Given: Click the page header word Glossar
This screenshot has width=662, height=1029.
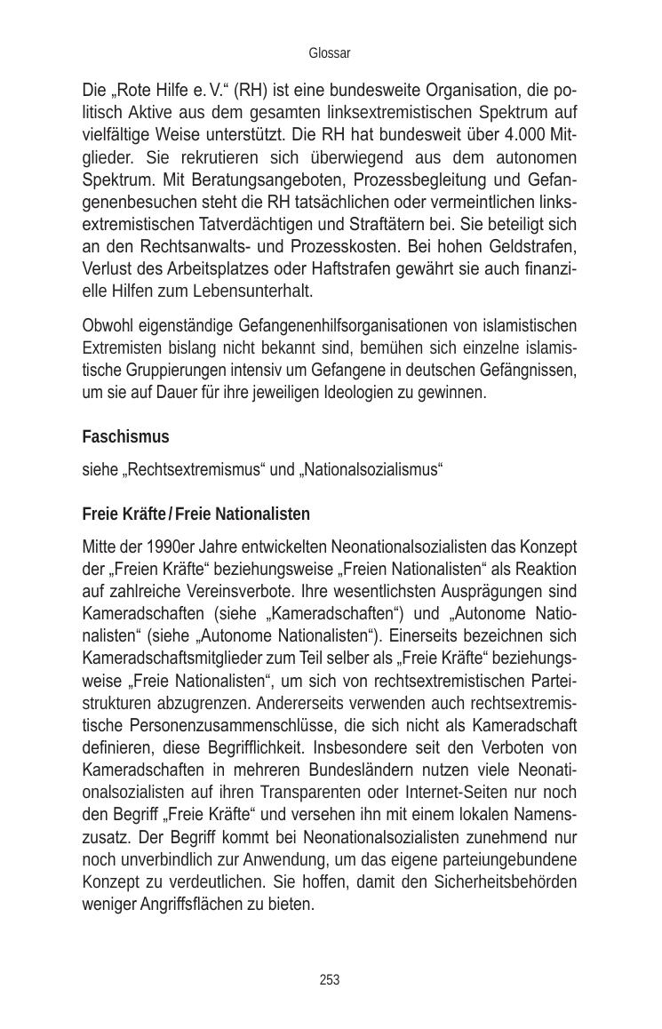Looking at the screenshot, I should point(330,53).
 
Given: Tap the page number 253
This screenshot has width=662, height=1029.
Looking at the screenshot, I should point(330,980).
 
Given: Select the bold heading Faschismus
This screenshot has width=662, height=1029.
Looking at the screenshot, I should point(125,437).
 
